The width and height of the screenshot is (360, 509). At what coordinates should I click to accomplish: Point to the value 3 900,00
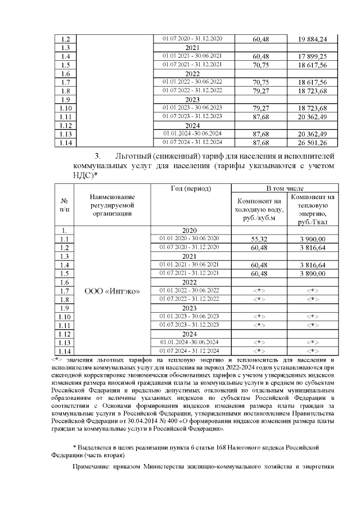click(312, 239)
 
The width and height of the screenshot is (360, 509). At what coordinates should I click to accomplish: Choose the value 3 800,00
click(312, 273)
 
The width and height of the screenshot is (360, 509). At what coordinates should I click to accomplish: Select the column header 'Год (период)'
click(191, 188)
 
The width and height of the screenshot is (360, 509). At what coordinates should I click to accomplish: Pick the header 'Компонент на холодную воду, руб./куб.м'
click(259, 209)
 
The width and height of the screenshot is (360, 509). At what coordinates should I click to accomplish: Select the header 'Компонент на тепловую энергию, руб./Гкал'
click(312, 209)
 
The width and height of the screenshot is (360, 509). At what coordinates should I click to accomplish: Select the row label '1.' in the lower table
click(64, 230)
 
